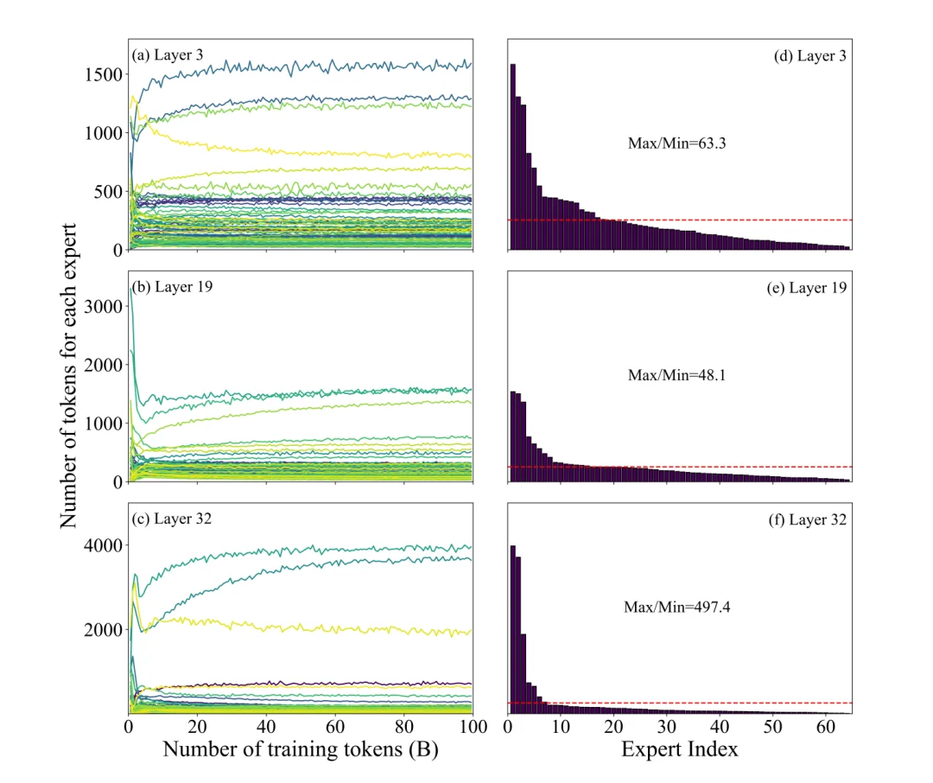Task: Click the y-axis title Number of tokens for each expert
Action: click(71, 376)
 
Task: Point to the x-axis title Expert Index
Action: click(679, 749)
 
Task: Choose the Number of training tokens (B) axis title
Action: click(301, 749)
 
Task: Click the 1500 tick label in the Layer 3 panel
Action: click(103, 74)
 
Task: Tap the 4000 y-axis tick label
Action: click(103, 545)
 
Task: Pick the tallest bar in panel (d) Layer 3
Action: click(512, 156)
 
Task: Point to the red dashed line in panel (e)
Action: click(691, 467)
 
